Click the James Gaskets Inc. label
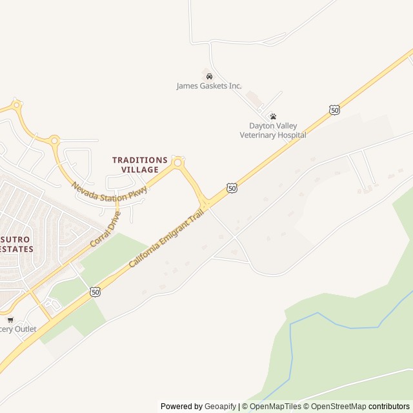pyautogui.click(x=209, y=86)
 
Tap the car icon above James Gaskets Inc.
pyautogui.click(x=209, y=76)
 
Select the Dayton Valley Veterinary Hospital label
pyautogui.click(x=273, y=130)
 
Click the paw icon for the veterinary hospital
pyautogui.click(x=273, y=117)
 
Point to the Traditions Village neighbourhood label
pyautogui.click(x=139, y=165)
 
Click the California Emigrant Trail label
pyautogui.click(x=165, y=234)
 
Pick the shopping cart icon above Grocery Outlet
pyautogui.click(x=10, y=319)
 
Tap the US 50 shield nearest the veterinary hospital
pyautogui.click(x=334, y=110)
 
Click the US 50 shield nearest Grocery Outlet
pyautogui.click(x=95, y=292)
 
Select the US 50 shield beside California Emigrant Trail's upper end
pyautogui.click(x=232, y=187)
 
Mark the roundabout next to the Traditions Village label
pyautogui.click(x=178, y=161)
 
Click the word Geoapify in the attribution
pyautogui.click(x=220, y=407)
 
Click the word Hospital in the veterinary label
pyautogui.click(x=290, y=135)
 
